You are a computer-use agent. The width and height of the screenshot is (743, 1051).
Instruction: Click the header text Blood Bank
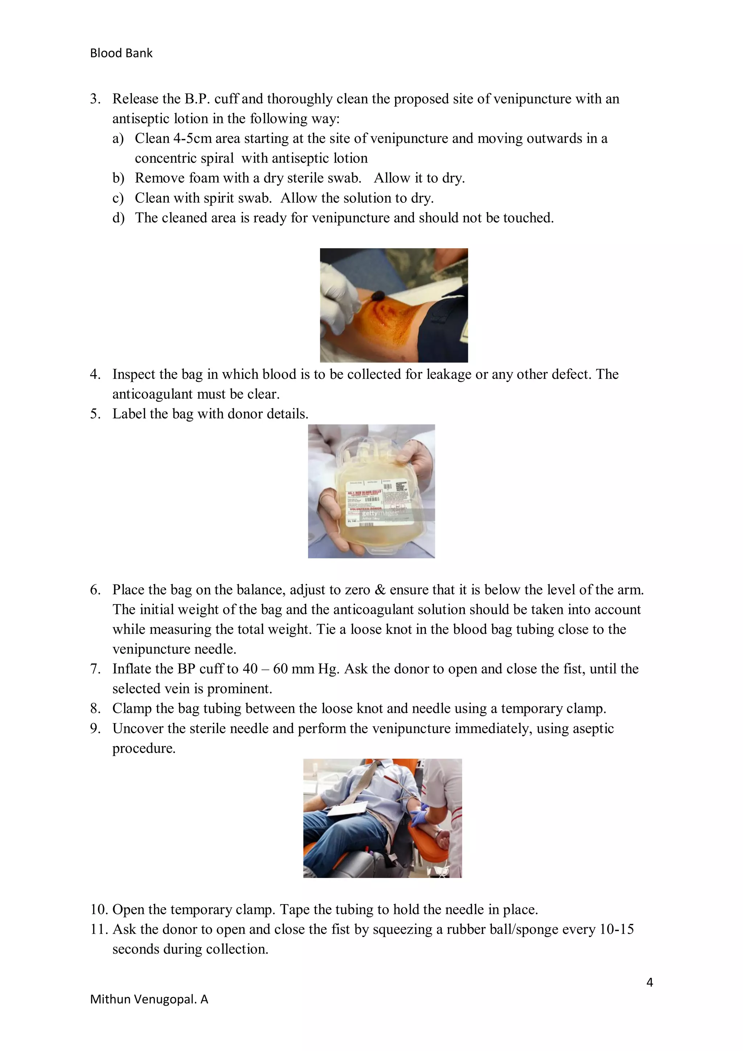(121, 53)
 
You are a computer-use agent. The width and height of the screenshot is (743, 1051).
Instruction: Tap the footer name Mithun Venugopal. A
(149, 999)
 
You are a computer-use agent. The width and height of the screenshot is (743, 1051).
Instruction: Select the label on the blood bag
(380, 502)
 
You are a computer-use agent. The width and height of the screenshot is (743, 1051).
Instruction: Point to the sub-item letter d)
(118, 218)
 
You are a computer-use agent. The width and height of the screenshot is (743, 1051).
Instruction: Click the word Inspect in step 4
(136, 374)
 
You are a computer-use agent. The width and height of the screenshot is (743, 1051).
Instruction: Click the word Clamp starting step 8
(132, 709)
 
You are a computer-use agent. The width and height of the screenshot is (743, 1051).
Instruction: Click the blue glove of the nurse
(418, 817)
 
